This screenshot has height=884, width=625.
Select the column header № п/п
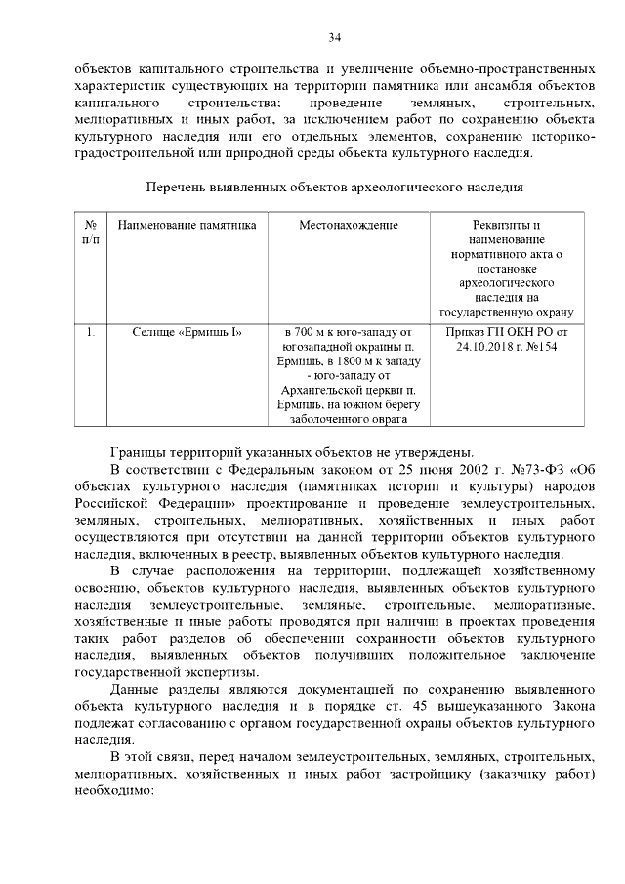click(90, 232)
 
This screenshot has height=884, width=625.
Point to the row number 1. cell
click(90, 332)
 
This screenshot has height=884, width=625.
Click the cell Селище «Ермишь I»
click(187, 332)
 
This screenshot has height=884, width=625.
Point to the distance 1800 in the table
click(338, 361)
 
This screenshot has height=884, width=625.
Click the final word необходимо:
click(115, 788)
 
